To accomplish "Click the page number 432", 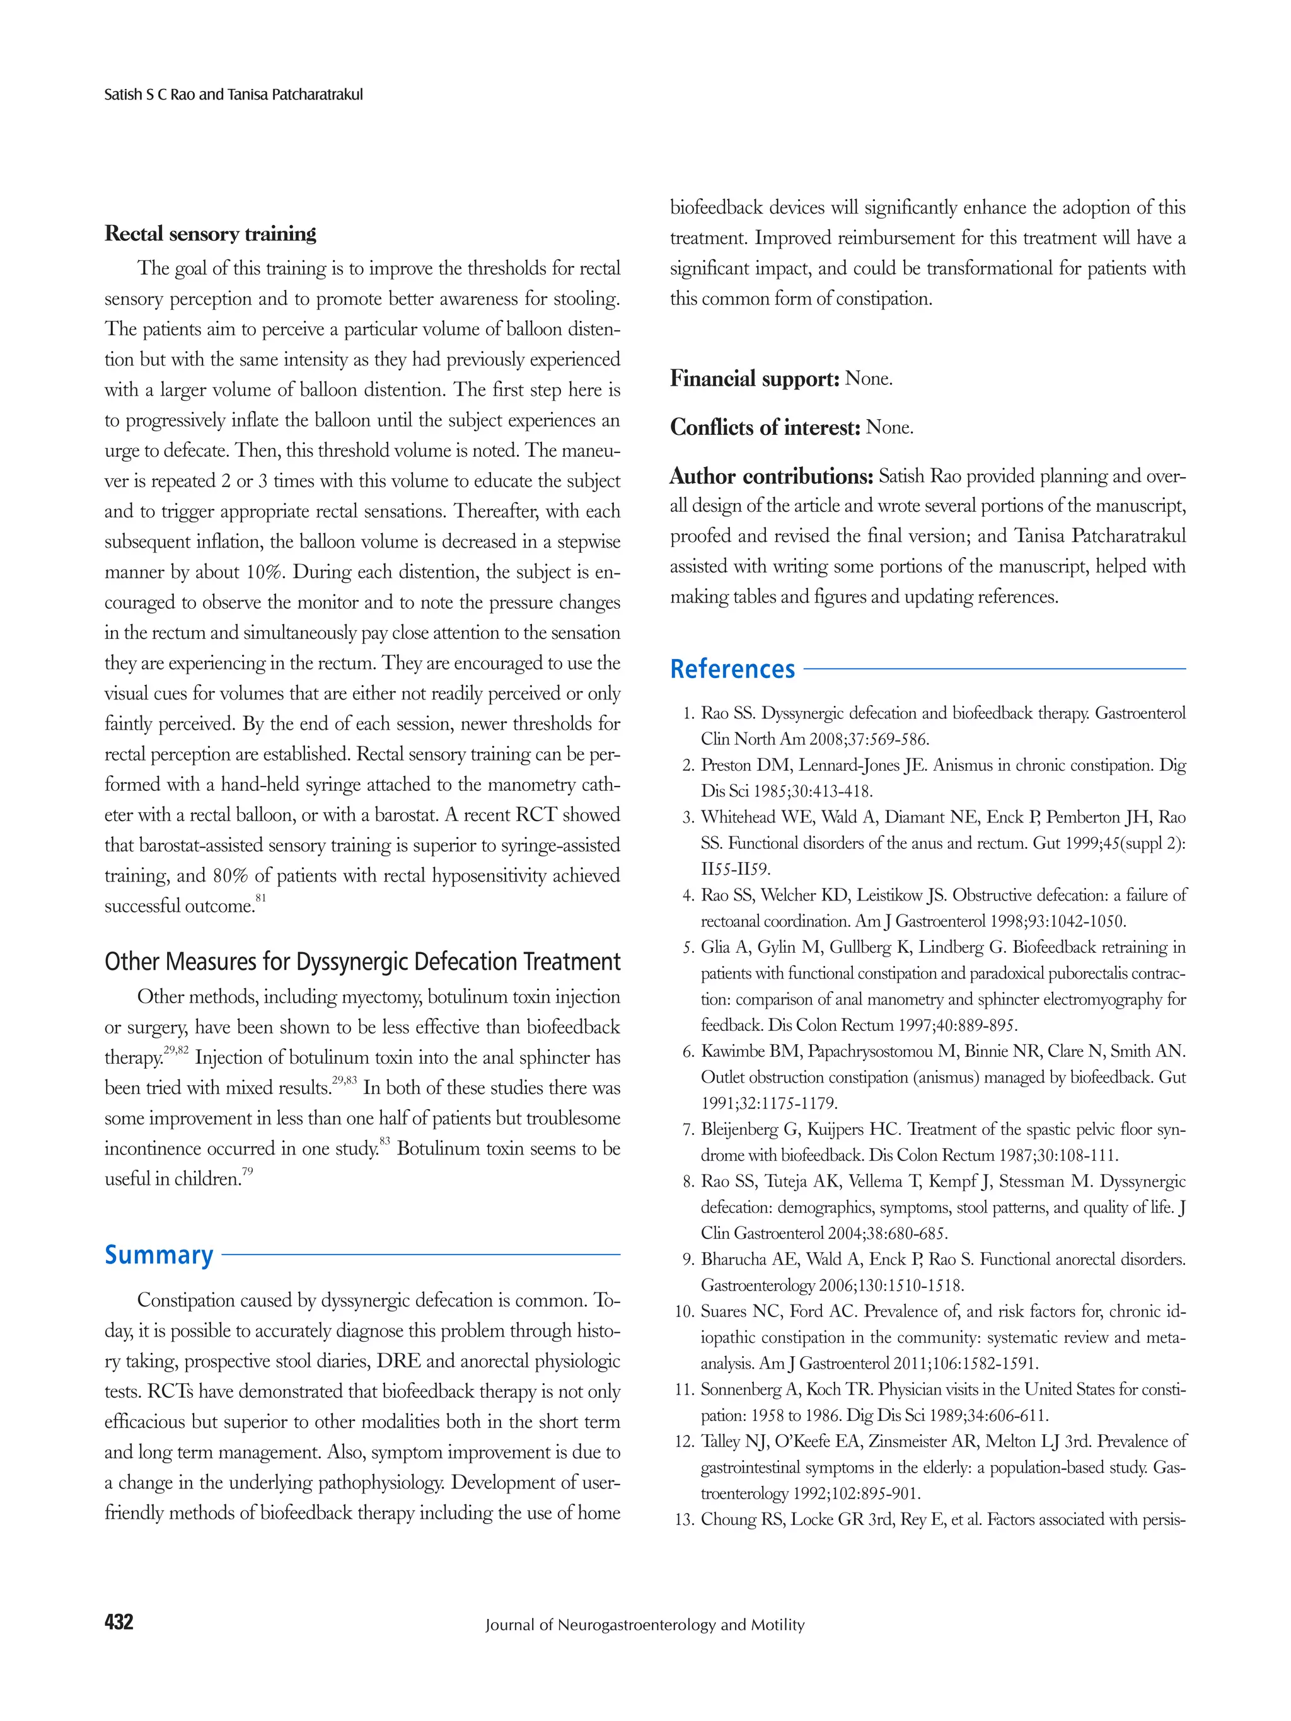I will [x=119, y=1622].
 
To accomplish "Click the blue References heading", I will [x=732, y=669].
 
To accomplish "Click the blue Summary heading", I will [x=159, y=1255].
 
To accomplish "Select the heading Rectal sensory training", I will [x=210, y=233].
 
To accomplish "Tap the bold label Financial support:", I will [x=754, y=379].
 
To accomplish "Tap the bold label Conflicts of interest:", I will [x=765, y=427].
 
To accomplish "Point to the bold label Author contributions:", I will [x=771, y=476].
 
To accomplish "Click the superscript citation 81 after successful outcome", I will [x=261, y=899].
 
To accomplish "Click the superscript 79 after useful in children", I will [x=248, y=1171].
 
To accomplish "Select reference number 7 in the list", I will [x=688, y=1130].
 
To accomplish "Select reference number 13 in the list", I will [x=684, y=1519].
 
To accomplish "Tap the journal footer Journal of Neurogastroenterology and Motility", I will [x=644, y=1625].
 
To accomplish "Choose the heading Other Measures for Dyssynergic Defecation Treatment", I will [x=362, y=962].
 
